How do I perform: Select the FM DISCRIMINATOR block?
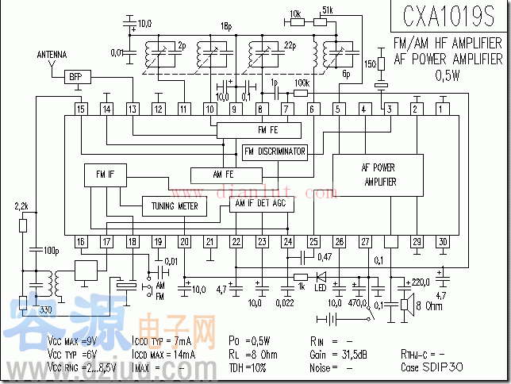275,152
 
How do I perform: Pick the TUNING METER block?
174,206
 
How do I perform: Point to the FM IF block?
99,175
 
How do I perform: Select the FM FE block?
259,130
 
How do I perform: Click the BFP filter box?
75,76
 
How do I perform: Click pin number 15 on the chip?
81,109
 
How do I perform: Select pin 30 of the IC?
442,241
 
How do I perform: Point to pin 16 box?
81,241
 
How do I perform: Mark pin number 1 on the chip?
442,109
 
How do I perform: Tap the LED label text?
321,286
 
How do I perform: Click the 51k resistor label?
328,10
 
